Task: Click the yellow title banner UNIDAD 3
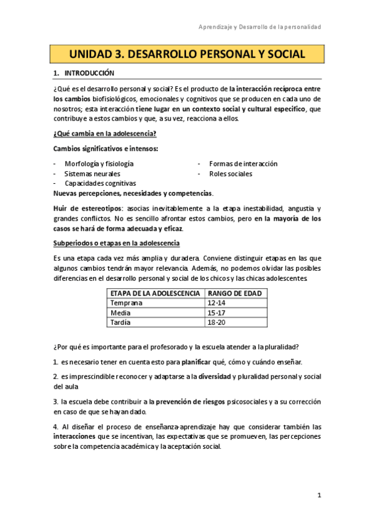[187, 54]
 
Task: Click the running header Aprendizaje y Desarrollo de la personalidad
[259, 27]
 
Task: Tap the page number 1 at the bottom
[318, 495]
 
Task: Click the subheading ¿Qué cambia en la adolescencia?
[104, 134]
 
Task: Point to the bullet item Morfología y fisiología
[99, 164]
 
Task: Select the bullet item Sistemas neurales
[92, 174]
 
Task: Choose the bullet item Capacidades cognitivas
[100, 183]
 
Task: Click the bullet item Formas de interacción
[243, 164]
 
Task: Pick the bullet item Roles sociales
[230, 174]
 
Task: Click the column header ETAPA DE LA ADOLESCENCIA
[155, 293]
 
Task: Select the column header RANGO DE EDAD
[235, 293]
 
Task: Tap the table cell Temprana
[126, 303]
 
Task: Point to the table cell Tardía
[121, 322]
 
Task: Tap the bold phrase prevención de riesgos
[188, 402]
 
